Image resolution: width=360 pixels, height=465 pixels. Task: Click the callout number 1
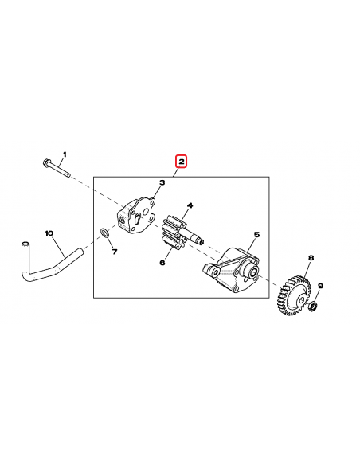(65, 154)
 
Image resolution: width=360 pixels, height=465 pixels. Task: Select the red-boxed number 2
(182, 162)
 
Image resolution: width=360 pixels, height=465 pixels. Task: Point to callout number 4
(190, 205)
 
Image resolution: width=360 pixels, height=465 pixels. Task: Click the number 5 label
(256, 235)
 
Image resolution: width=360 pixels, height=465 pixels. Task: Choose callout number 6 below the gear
(162, 262)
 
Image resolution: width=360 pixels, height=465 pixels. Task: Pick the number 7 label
(114, 252)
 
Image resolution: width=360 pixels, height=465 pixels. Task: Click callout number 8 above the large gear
(311, 258)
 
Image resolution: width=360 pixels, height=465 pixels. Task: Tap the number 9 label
(320, 286)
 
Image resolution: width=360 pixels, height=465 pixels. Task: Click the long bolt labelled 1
(57, 168)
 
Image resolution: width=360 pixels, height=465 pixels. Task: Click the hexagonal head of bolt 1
(45, 163)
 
